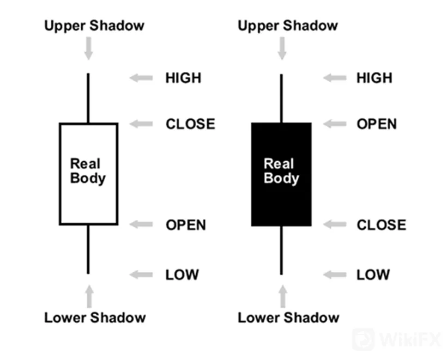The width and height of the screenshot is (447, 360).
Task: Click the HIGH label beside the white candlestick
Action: pyautogui.click(x=183, y=78)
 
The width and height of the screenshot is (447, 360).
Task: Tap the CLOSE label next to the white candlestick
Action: pyautogui.click(x=190, y=124)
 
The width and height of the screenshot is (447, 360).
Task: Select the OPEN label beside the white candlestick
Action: pyautogui.click(x=186, y=225)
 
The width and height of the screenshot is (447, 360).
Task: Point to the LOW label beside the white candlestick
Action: pyautogui.click(x=182, y=274)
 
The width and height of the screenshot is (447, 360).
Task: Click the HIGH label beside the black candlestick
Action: pyautogui.click(x=374, y=78)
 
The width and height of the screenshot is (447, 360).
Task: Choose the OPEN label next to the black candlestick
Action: pyautogui.click(x=377, y=124)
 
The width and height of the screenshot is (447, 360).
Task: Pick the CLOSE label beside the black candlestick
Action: pyautogui.click(x=382, y=225)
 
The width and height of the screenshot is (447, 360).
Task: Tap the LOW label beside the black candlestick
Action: pyautogui.click(x=373, y=274)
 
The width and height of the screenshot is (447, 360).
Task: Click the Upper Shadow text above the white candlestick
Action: pyautogui.click(x=94, y=26)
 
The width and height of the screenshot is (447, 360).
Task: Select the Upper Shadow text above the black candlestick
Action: pyautogui.click(x=288, y=26)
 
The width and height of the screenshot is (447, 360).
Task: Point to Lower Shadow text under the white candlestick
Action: pyautogui.click(x=95, y=318)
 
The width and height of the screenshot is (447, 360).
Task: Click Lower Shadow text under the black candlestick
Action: pyautogui.click(x=288, y=318)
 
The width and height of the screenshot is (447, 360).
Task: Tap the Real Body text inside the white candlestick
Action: pyautogui.click(x=88, y=171)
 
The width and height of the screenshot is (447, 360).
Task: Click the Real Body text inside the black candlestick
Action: pyautogui.click(x=281, y=171)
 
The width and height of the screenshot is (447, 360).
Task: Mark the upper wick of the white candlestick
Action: pyautogui.click(x=88, y=98)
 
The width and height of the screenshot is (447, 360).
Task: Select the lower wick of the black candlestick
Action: pyautogui.click(x=281, y=251)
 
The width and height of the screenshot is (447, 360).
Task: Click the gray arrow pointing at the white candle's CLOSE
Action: pyautogui.click(x=141, y=124)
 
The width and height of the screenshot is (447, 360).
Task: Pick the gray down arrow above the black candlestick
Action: pyautogui.click(x=282, y=48)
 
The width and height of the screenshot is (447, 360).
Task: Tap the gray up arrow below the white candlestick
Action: pyautogui.click(x=89, y=296)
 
